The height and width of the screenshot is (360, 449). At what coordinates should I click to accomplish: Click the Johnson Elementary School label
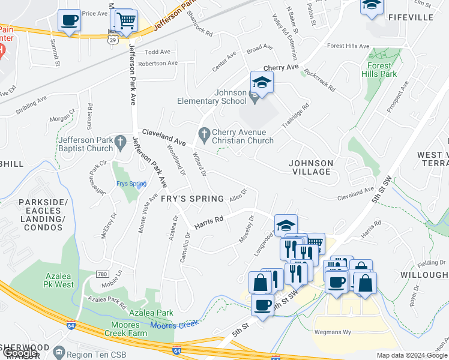[231, 97]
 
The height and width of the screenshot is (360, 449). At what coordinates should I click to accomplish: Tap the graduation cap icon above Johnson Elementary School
[262, 82]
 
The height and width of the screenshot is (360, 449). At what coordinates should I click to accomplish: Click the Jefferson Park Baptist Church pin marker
[121, 141]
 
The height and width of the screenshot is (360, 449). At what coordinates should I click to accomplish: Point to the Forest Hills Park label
[379, 70]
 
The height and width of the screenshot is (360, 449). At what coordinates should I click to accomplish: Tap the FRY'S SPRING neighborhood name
[192, 199]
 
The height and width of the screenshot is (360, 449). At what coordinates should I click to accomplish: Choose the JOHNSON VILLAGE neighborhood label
[310, 167]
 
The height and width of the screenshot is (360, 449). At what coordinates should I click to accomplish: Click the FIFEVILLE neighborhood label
[411, 17]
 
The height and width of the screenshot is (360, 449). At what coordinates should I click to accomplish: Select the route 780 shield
[103, 274]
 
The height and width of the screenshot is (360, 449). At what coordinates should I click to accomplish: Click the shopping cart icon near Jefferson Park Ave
[126, 20]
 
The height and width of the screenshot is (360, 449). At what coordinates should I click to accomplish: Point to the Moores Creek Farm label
[121, 329]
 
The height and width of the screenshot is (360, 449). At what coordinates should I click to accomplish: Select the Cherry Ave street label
[280, 68]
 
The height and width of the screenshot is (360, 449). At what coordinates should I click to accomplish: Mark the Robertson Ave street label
[158, 63]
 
